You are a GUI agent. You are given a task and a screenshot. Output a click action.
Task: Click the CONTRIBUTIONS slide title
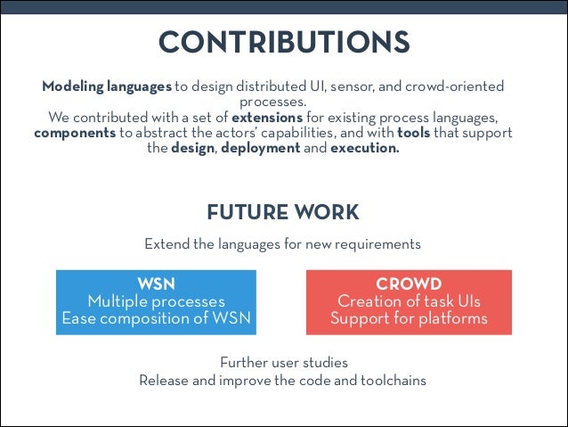click(x=283, y=42)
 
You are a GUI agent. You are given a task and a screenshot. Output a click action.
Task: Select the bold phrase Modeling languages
click(x=107, y=86)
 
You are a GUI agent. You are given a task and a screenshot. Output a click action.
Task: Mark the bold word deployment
click(x=260, y=148)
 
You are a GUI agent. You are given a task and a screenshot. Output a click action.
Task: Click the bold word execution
click(x=365, y=148)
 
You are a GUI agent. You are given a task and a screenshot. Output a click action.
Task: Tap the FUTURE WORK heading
click(x=283, y=213)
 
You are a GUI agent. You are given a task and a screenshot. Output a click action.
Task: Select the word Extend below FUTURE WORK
click(x=166, y=243)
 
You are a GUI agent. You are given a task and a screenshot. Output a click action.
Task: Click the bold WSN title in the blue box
click(x=156, y=285)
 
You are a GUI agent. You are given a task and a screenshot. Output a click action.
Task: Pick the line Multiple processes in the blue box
click(x=156, y=301)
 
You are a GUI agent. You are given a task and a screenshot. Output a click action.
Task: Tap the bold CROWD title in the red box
click(x=409, y=285)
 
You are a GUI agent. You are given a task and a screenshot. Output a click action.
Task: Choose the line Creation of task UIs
click(x=409, y=301)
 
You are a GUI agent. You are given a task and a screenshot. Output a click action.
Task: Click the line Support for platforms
click(x=409, y=317)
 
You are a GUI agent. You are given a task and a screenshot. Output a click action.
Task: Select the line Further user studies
click(x=283, y=363)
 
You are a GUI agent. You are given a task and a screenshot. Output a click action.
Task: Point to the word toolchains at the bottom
click(x=394, y=380)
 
